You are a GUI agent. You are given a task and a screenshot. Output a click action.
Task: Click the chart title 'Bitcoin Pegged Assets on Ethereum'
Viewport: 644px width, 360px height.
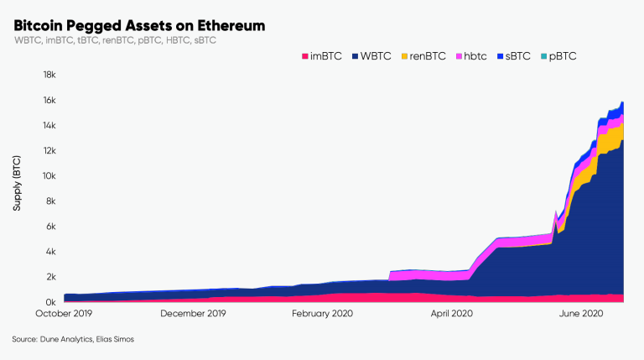[139, 26]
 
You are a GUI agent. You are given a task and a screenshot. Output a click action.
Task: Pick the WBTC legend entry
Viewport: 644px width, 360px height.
[374, 56]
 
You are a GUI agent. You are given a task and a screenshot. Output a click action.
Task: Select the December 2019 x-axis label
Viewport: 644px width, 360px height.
[193, 313]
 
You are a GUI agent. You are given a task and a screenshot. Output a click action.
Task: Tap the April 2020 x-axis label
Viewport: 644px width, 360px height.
[452, 313]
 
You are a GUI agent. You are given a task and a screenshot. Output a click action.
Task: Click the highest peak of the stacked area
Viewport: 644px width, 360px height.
[622, 102]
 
